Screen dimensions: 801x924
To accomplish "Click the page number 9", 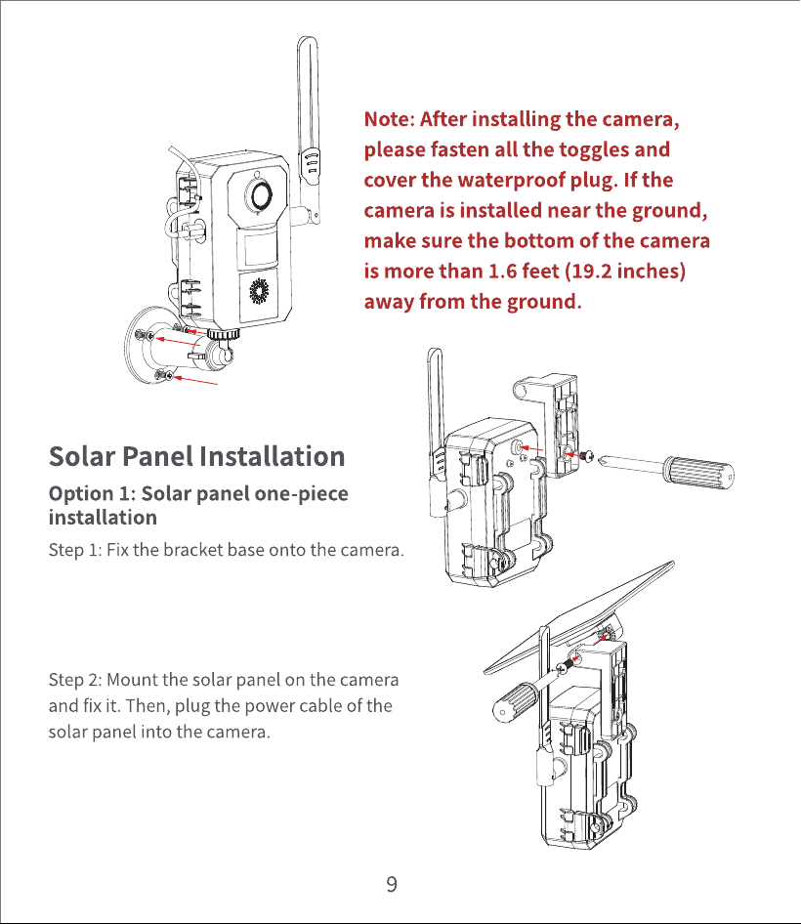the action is tap(392, 884).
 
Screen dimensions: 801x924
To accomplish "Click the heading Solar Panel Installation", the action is tap(197, 457).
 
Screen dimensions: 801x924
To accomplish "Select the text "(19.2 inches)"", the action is tap(625, 272).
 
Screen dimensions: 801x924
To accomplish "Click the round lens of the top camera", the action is tap(260, 194).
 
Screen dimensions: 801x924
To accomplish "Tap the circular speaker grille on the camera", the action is tap(259, 291).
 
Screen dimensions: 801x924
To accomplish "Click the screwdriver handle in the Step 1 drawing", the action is tap(699, 472).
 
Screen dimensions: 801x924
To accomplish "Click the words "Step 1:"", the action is tap(75, 550).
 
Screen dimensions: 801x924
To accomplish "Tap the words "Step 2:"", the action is tap(76, 680).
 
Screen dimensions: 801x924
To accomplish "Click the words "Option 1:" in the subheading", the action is tap(92, 494).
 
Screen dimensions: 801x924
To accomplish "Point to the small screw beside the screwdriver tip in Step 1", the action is tap(588, 456).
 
